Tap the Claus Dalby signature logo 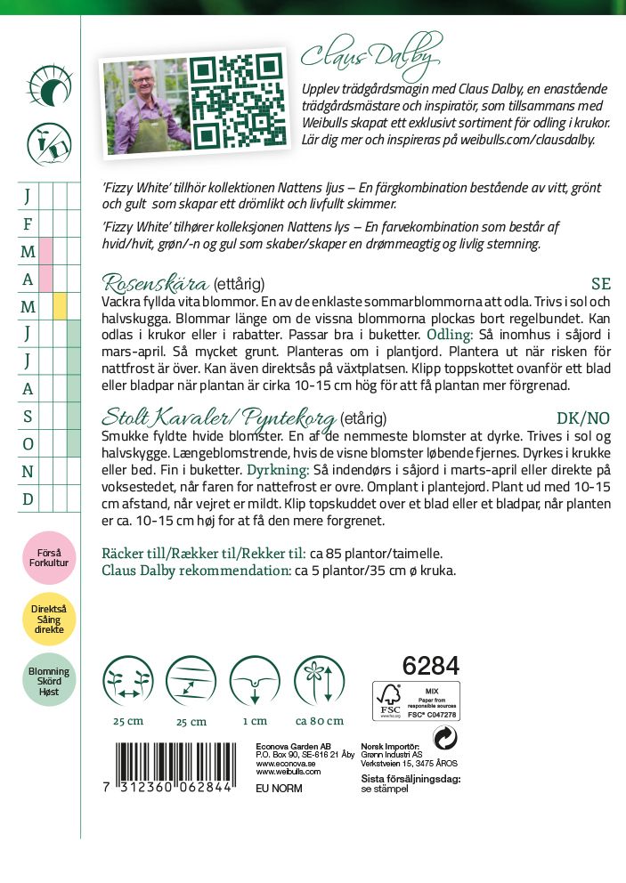coord(371,55)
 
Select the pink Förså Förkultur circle coord(49,557)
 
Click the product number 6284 coord(430,666)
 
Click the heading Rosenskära coord(156,284)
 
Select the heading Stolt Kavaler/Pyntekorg coord(219,417)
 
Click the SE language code coord(601,285)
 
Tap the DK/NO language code coord(583,417)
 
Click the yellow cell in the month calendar coord(61,306)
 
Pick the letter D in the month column coord(28,498)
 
